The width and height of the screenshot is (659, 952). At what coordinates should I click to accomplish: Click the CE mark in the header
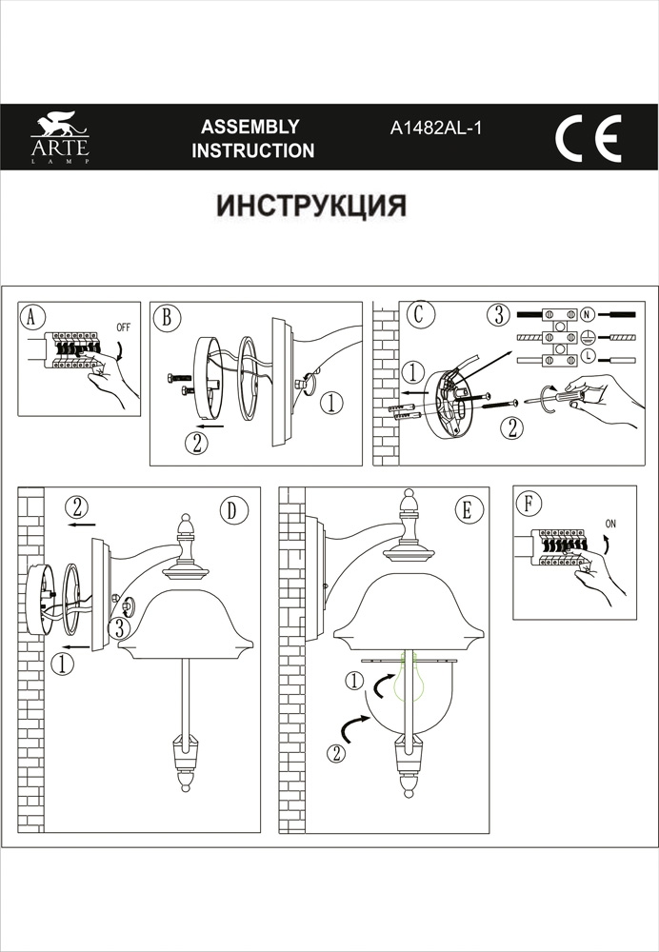(588, 138)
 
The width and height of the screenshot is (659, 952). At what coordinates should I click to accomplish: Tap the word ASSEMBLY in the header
(251, 127)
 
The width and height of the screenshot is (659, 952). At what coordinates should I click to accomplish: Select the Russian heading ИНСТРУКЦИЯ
(311, 206)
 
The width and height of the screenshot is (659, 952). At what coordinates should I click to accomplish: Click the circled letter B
(166, 317)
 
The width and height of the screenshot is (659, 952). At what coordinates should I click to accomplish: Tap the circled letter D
(230, 509)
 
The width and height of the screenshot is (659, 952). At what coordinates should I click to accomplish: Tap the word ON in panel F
(610, 523)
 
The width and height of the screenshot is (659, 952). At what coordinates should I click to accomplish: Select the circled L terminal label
(588, 356)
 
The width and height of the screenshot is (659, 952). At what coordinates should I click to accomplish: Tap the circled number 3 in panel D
(116, 627)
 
